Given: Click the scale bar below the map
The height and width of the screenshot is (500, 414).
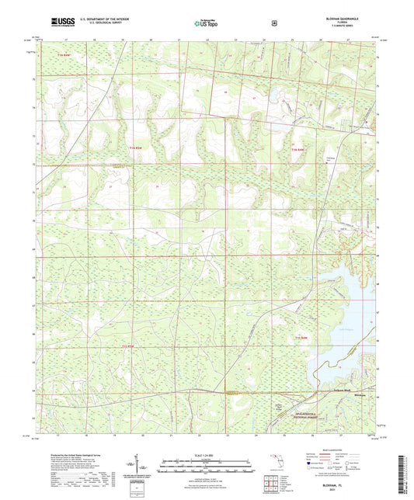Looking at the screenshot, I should tap(207, 467).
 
